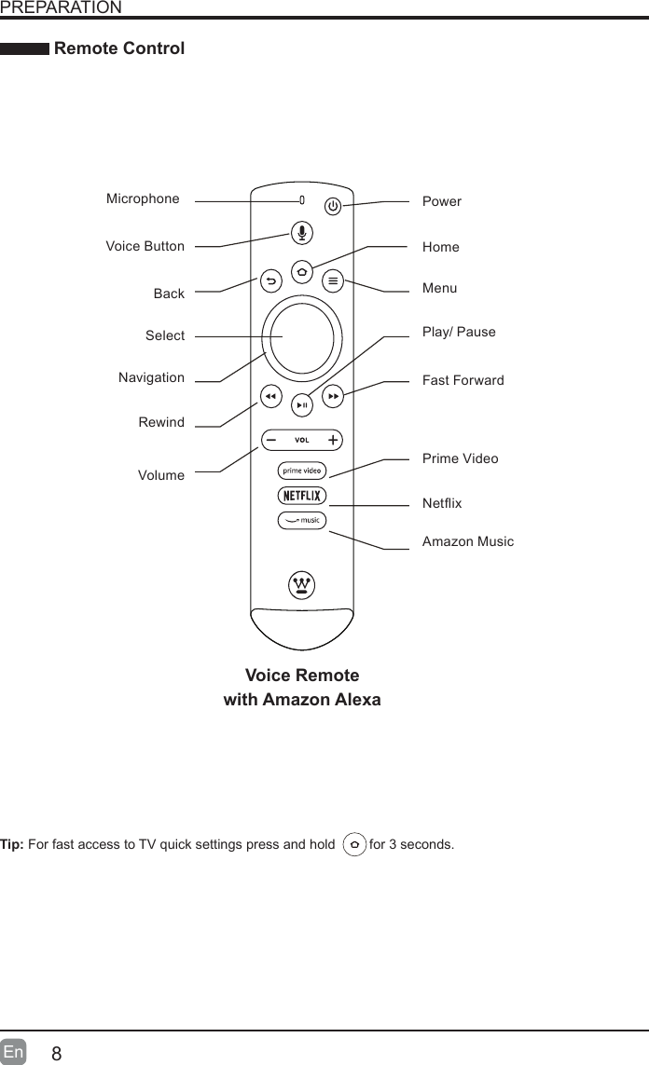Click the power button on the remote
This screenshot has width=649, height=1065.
(334, 205)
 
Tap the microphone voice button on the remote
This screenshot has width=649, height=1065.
(301, 233)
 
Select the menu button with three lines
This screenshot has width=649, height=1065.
(334, 280)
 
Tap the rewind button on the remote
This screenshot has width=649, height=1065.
(269, 396)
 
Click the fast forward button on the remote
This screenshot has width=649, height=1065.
(334, 396)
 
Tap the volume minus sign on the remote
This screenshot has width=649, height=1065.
(270, 439)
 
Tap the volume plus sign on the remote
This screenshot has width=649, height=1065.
(333, 439)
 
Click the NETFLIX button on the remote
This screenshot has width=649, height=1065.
(301, 495)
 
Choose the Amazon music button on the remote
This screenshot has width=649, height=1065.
(301, 520)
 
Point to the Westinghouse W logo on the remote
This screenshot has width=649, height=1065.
(301, 585)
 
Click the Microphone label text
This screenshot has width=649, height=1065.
(143, 198)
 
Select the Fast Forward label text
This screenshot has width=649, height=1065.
(463, 380)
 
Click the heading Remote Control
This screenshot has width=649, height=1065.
(119, 48)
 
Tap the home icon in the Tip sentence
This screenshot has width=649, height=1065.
(354, 845)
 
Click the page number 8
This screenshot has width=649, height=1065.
(57, 1054)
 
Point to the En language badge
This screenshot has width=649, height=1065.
(14, 1053)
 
